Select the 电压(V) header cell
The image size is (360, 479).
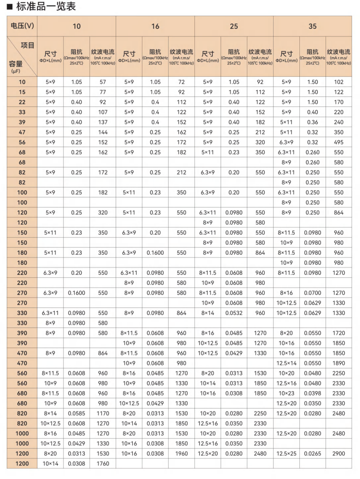click(x=22, y=26)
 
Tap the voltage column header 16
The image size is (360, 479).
click(x=155, y=26)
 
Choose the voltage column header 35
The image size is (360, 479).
click(x=312, y=26)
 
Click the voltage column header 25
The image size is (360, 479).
click(x=234, y=26)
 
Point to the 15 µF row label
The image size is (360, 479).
click(x=22, y=92)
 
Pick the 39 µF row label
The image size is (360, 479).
click(x=22, y=122)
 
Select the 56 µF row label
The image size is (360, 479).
click(x=22, y=142)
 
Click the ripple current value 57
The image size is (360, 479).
click(x=103, y=82)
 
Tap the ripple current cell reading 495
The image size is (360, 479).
click(x=339, y=142)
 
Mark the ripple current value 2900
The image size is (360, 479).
click(x=339, y=454)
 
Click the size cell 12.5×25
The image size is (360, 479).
click(x=287, y=454)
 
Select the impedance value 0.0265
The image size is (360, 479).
click(x=313, y=454)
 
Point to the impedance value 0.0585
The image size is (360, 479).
click(x=77, y=414)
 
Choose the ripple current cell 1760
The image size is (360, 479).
click(x=103, y=464)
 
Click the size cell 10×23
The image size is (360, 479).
click(x=287, y=393)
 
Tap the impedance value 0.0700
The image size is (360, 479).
click(x=313, y=293)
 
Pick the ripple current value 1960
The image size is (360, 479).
click(x=182, y=454)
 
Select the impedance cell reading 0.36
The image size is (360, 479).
click(x=313, y=122)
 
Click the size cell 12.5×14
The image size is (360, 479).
click(x=287, y=363)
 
